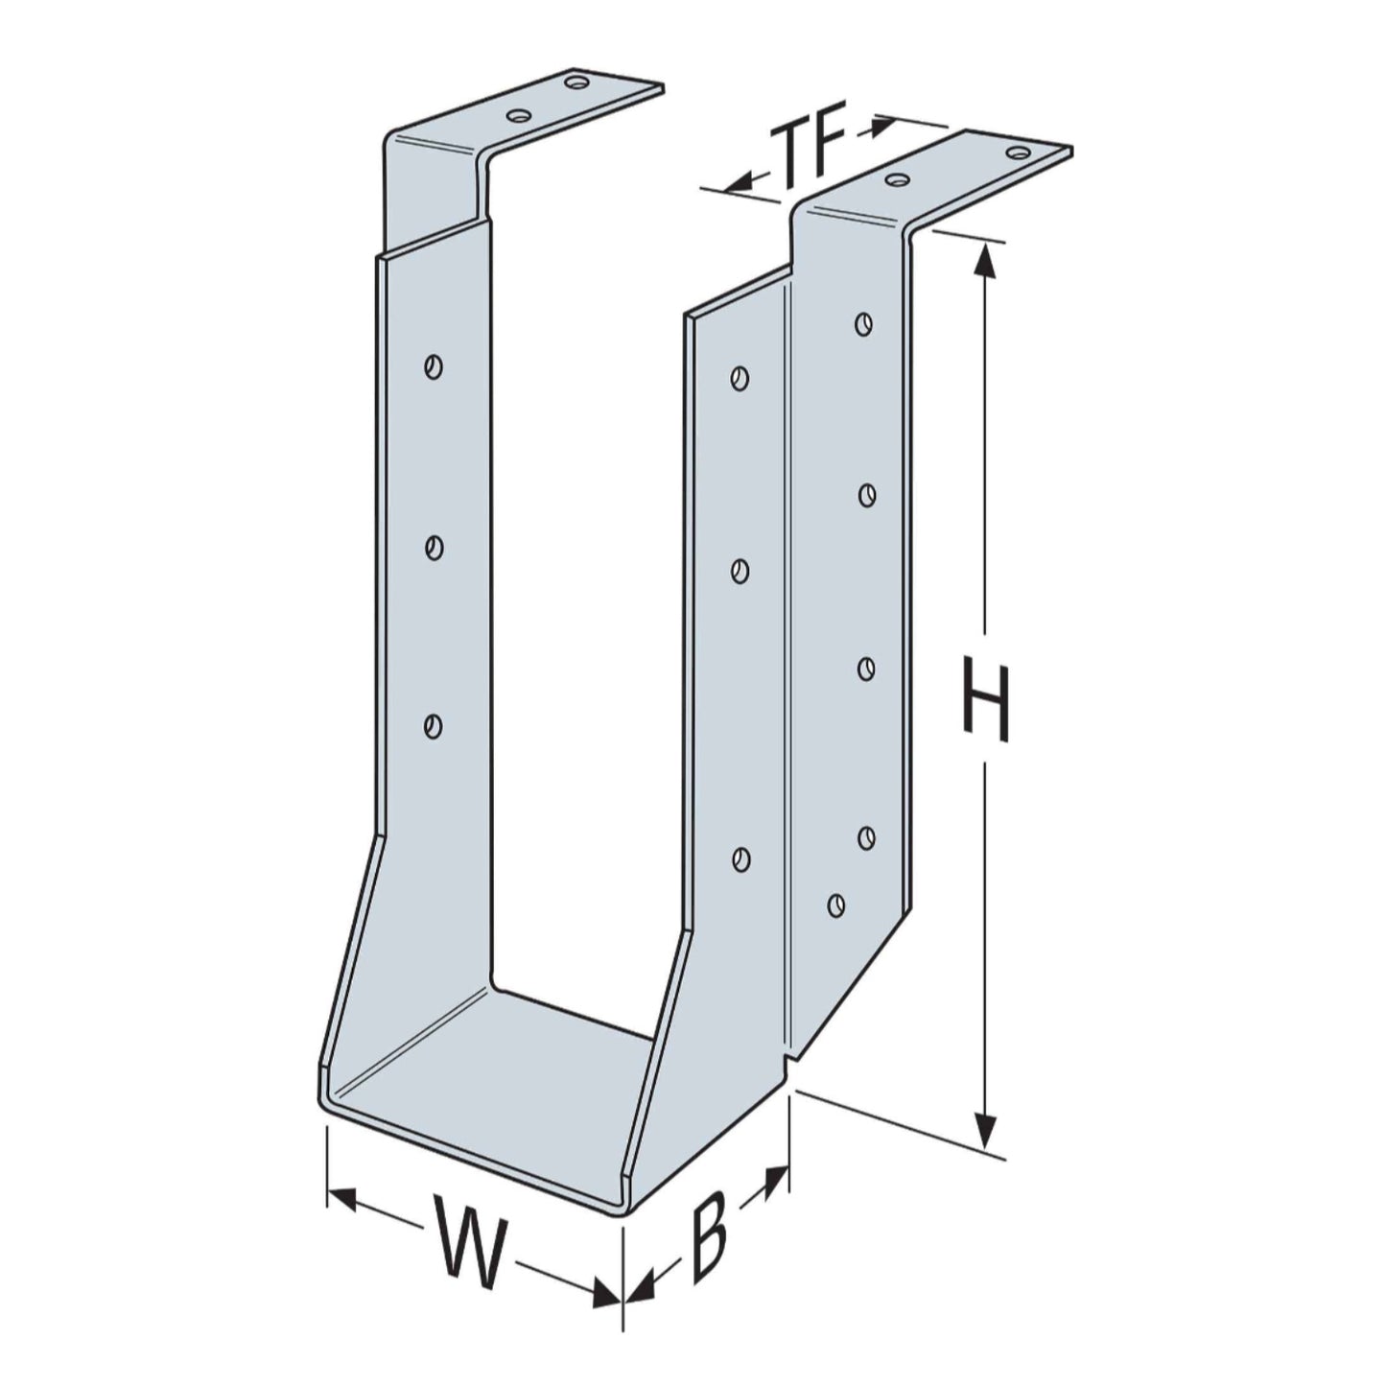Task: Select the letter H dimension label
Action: (985, 703)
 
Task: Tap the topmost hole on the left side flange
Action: (434, 366)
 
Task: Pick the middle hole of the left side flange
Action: (434, 548)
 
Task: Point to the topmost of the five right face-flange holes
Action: (864, 323)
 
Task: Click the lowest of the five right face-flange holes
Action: (835, 904)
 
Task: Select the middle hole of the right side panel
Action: (740, 572)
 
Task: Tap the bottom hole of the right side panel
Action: (740, 859)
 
